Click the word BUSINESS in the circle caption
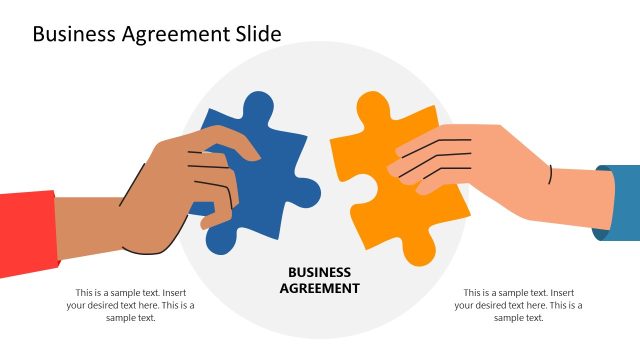pos(319,271)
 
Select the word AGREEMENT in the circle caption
pos(319,287)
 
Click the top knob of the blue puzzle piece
pos(258,106)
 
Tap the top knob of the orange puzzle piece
pos(371,107)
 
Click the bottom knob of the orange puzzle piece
pos(424,251)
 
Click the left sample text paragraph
pos(130,305)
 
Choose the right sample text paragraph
pos(518,305)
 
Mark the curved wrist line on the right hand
pos(549,176)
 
